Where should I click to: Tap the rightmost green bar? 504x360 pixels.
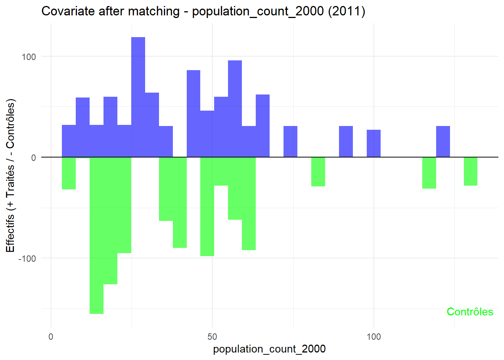pyautogui.click(x=470, y=171)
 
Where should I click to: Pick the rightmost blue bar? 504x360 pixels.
pyautogui.click(x=443, y=141)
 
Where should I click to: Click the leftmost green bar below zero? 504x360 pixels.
pyautogui.click(x=69, y=173)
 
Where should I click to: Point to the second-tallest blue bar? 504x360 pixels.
pyautogui.click(x=235, y=108)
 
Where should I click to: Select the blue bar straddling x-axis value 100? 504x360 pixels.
pyautogui.click(x=373, y=143)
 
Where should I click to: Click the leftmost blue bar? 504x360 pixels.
pyautogui.click(x=69, y=141)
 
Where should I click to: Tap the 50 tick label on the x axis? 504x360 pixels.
pyautogui.click(x=212, y=336)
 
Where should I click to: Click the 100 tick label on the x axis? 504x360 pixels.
pyautogui.click(x=373, y=336)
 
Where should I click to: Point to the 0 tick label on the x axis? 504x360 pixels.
pyautogui.click(x=51, y=336)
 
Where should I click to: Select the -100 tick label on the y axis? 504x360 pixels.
pyautogui.click(x=27, y=259)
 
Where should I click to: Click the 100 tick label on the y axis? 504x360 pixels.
pyautogui.click(x=29, y=57)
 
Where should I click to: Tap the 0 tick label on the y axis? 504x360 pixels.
pyautogui.click(x=33, y=158)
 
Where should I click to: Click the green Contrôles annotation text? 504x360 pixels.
pyautogui.click(x=470, y=312)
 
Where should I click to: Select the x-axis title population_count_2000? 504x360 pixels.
pyautogui.click(x=269, y=349)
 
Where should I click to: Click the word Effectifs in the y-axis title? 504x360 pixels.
pyautogui.click(x=10, y=232)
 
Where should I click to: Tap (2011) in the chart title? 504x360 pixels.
pyautogui.click(x=346, y=11)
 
